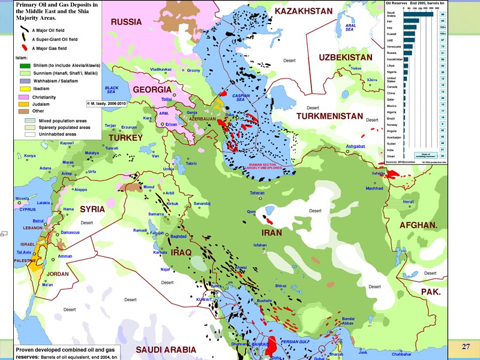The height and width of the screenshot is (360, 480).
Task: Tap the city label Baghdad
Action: [179, 236]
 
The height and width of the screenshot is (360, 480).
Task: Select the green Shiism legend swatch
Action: [24, 65]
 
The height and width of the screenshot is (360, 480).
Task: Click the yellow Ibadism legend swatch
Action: [24, 88]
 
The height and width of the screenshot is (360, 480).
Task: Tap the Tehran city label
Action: [257, 193]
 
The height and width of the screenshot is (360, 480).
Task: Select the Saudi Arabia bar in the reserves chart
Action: [420, 13]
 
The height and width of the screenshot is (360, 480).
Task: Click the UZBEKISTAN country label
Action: [345, 58]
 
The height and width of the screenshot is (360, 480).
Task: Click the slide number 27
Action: [466, 347]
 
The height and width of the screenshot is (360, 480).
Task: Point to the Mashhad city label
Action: [374, 188]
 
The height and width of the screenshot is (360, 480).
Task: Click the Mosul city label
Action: [149, 187]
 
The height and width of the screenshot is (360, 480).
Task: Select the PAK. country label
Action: [430, 292]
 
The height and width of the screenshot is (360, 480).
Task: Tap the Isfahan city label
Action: [259, 245]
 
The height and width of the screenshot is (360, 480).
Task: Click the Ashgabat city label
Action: [355, 146]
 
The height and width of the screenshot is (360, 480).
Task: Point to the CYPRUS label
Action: [28, 210]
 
